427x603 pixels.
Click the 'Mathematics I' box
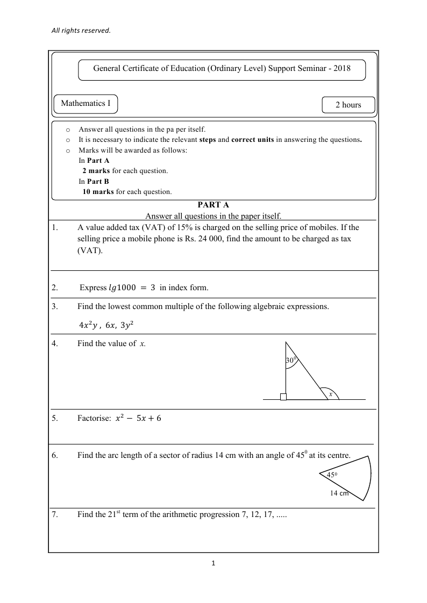[86, 103]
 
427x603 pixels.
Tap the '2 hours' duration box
[348, 105]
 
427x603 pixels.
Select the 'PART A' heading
[213, 205]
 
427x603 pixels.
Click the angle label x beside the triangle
[331, 394]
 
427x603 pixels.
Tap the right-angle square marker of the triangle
[283, 397]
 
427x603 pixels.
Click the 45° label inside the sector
[332, 475]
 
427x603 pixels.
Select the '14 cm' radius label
[339, 493]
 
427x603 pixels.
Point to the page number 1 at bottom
[213, 564]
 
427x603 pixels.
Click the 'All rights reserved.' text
[81, 31]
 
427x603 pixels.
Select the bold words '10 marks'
[98, 191]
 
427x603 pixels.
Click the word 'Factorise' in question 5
[94, 418]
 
